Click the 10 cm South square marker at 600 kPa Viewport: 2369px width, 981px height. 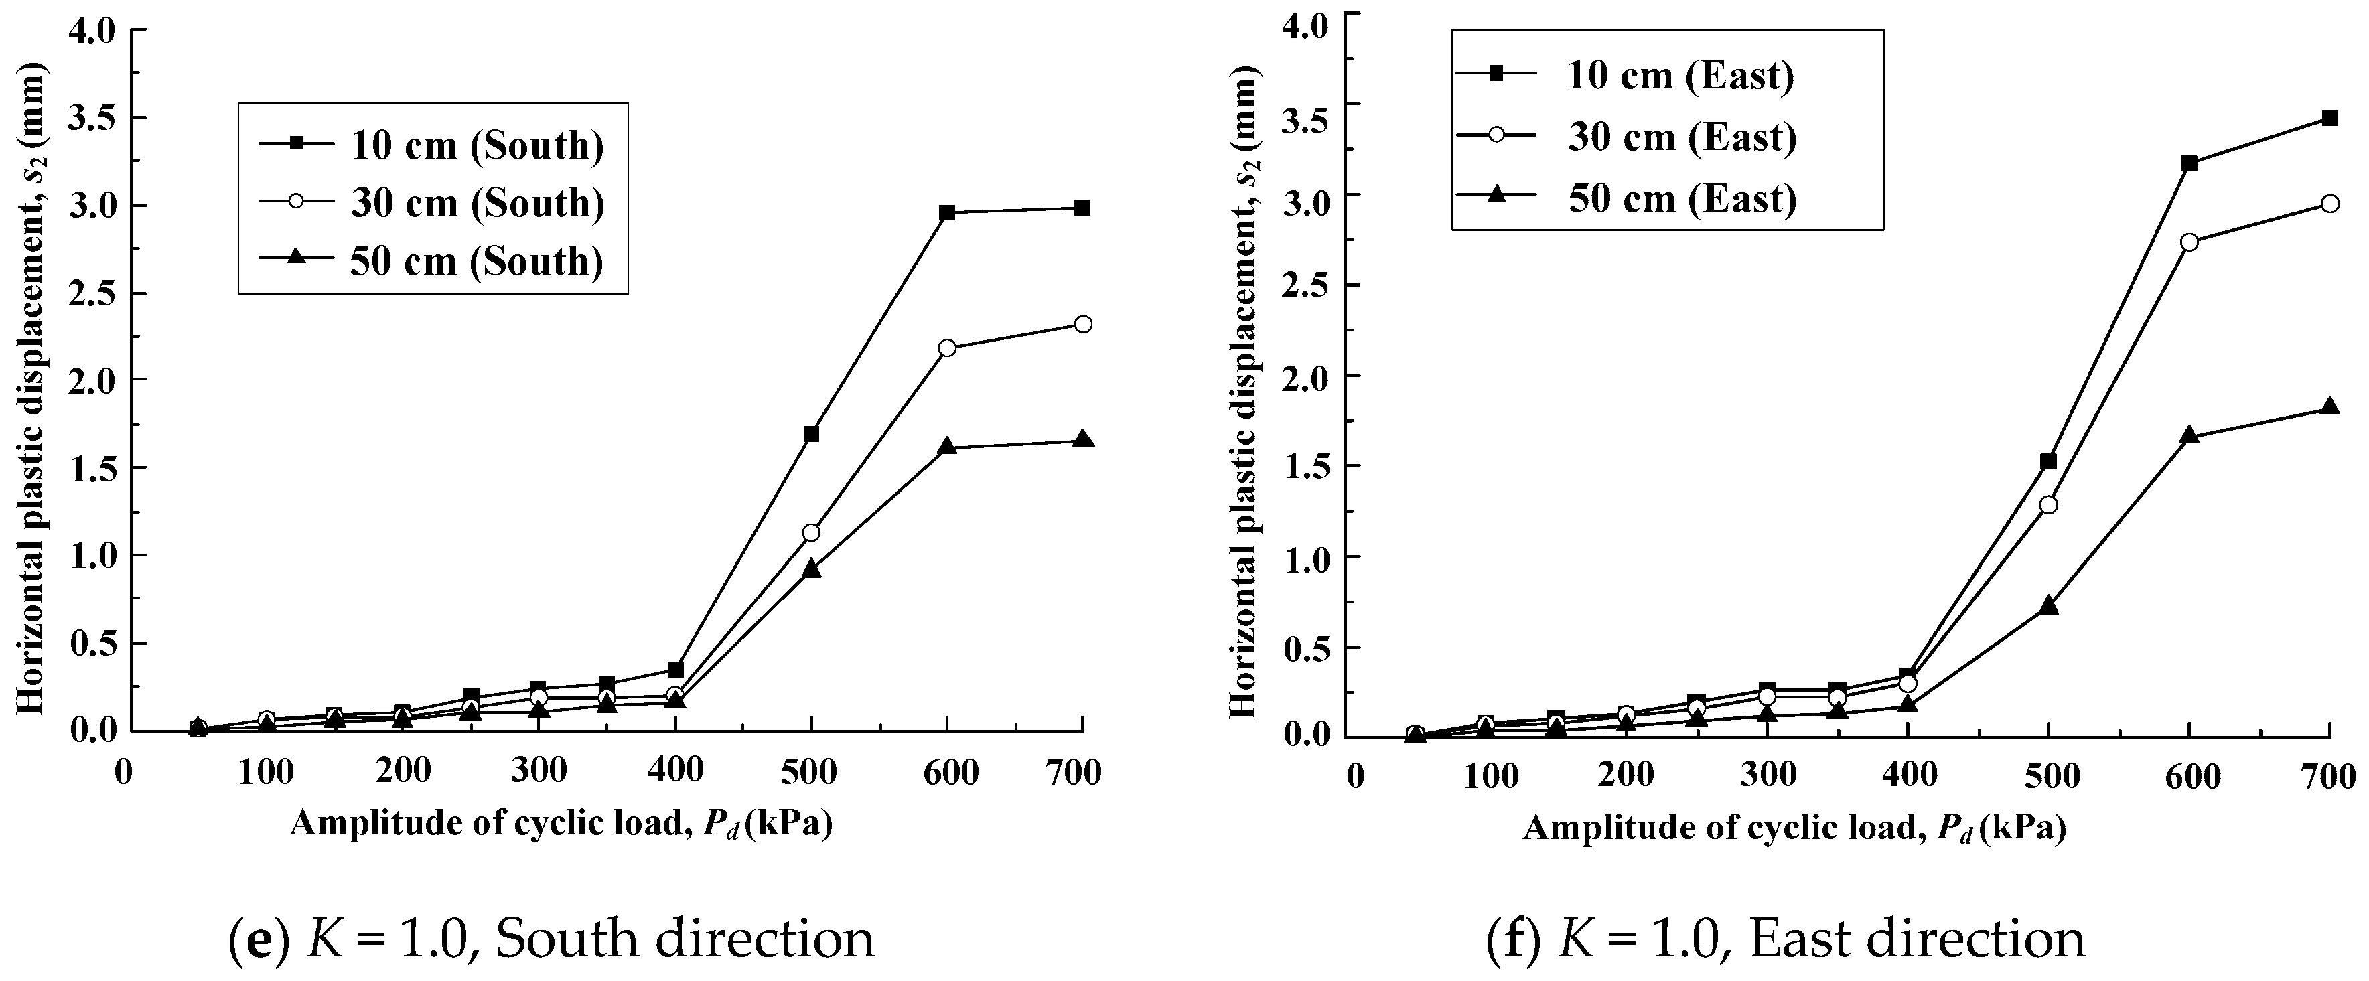(x=947, y=212)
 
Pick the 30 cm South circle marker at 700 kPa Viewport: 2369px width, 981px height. (x=1082, y=323)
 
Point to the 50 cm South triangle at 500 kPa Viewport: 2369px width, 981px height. (x=811, y=570)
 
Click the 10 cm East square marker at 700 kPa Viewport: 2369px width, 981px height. (x=2329, y=118)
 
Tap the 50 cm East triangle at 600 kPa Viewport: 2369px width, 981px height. (x=2189, y=436)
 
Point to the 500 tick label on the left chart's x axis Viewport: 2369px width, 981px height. (x=809, y=771)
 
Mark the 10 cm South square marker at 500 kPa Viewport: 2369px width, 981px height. (x=811, y=433)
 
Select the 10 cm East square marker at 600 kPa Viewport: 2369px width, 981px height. (x=2189, y=163)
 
